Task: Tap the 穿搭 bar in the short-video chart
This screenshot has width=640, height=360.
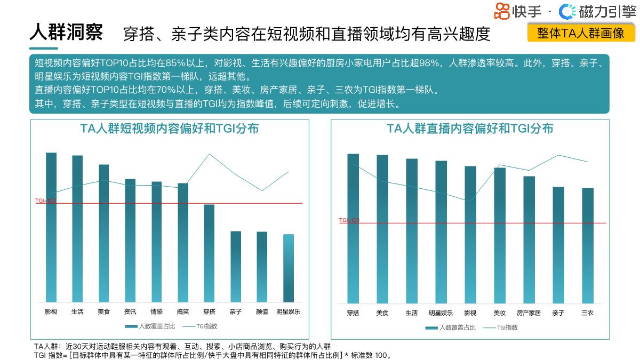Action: [x=209, y=253]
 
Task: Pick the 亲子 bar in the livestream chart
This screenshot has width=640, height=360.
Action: [x=558, y=245]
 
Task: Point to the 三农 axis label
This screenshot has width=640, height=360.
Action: [x=587, y=313]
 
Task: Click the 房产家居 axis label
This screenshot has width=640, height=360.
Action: [x=529, y=313]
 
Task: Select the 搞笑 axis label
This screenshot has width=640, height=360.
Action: [x=183, y=311]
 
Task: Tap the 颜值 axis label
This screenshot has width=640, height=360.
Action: [x=262, y=311]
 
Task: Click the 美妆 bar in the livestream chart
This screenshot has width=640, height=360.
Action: [x=499, y=235]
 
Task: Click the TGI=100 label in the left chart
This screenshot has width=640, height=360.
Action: [x=45, y=201]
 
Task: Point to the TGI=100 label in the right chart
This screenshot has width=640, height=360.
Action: [x=349, y=220]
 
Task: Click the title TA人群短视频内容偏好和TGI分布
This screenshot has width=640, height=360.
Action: [x=170, y=129]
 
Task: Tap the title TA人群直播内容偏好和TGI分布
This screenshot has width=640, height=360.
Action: [x=470, y=129]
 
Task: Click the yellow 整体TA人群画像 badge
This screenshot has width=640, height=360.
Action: [x=581, y=33]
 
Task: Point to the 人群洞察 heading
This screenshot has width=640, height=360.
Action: [x=66, y=32]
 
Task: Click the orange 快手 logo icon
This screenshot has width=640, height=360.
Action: [x=502, y=11]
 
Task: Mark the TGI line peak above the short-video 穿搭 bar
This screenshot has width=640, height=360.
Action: [x=209, y=154]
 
